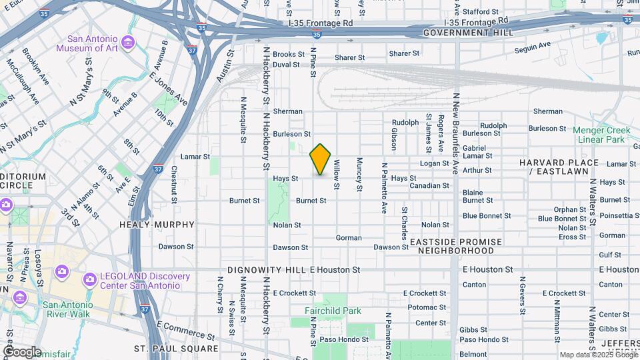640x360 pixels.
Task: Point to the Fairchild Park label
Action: point(333,311)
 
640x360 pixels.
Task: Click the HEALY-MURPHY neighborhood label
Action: point(157,225)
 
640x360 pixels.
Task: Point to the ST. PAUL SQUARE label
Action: point(176,349)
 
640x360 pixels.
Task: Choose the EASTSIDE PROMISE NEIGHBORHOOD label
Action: point(456,246)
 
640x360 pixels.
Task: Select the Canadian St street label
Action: point(429,186)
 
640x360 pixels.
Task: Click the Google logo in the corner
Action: point(22,351)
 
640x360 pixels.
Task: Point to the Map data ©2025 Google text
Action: point(597,355)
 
